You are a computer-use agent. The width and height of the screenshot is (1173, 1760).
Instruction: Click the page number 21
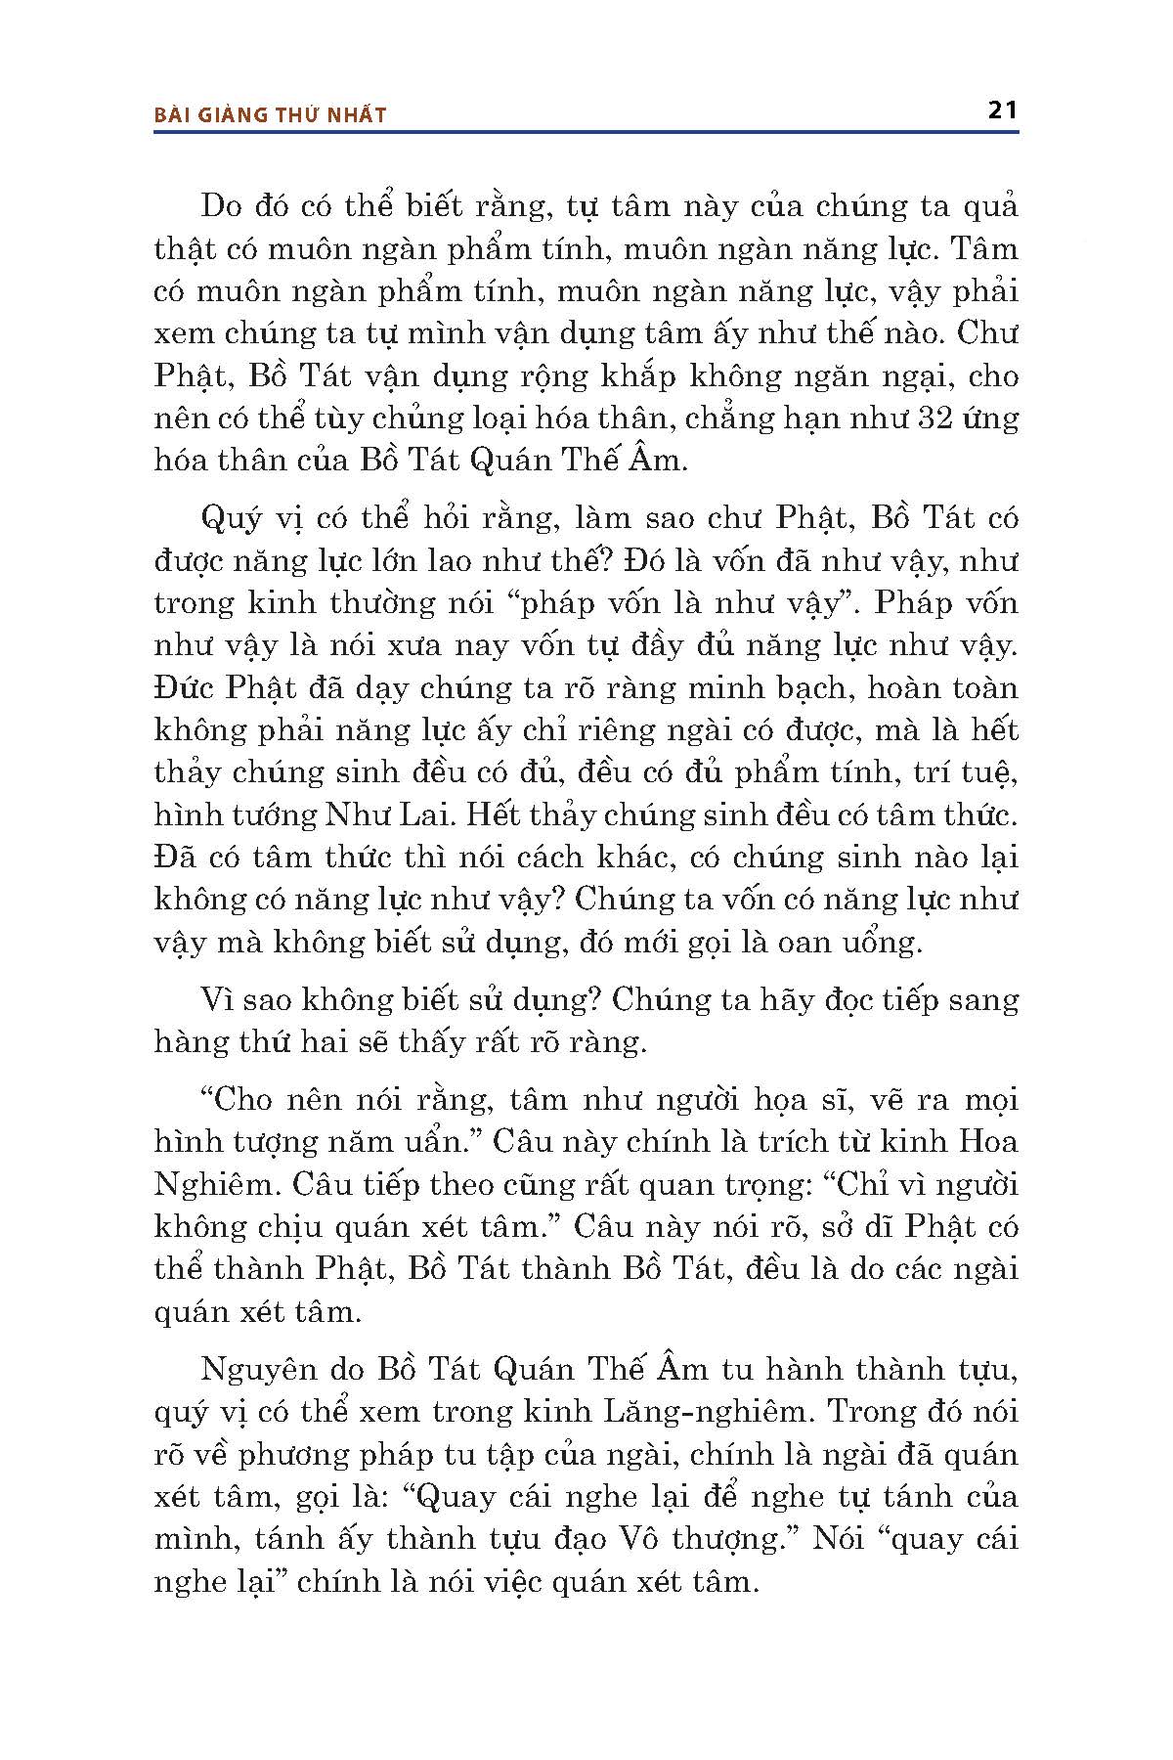(x=1003, y=110)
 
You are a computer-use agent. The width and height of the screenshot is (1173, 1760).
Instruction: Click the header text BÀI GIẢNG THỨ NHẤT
(x=271, y=115)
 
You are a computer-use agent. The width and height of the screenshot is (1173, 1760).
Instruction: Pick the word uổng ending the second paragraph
(x=885, y=943)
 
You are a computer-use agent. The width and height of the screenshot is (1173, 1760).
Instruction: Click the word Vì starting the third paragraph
(x=217, y=999)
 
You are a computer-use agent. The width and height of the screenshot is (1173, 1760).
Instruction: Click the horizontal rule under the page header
(x=586, y=130)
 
